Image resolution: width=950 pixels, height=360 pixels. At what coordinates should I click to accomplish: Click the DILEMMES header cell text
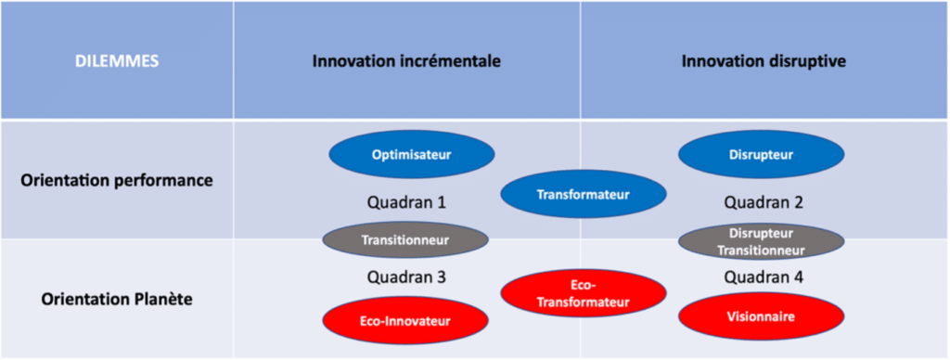(x=117, y=61)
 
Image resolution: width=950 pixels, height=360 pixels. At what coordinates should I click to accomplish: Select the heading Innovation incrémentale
(x=406, y=61)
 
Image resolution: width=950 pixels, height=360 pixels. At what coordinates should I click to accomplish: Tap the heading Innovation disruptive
(x=764, y=61)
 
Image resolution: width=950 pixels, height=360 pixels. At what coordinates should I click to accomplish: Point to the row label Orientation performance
(x=117, y=180)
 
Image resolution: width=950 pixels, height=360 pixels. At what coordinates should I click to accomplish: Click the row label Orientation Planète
(x=117, y=299)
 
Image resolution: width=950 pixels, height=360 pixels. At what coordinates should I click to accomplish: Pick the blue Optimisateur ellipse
(x=412, y=155)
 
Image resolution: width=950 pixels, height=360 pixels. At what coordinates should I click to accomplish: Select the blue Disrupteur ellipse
(x=761, y=155)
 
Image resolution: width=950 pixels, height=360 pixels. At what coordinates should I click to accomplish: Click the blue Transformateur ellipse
(x=584, y=194)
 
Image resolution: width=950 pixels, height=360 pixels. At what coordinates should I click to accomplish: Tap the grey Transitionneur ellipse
(x=405, y=240)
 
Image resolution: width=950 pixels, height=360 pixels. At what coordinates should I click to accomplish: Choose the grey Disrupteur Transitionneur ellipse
(x=761, y=241)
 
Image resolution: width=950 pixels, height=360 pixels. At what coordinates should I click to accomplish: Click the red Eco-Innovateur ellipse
(x=405, y=321)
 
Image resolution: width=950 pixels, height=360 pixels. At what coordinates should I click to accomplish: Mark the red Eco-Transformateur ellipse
(x=584, y=293)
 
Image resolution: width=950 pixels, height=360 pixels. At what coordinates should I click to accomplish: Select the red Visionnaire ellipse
(x=761, y=316)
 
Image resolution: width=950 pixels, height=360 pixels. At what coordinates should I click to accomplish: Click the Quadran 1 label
(x=406, y=202)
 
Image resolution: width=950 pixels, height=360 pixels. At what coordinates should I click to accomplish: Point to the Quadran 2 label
(x=764, y=202)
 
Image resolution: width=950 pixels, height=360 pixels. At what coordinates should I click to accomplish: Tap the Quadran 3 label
(x=406, y=277)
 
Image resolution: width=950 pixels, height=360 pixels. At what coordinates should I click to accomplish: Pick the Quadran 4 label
(x=764, y=277)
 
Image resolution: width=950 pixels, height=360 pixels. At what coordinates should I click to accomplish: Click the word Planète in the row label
(x=162, y=299)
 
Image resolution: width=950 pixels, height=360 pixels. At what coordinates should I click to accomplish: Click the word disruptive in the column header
(x=808, y=61)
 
